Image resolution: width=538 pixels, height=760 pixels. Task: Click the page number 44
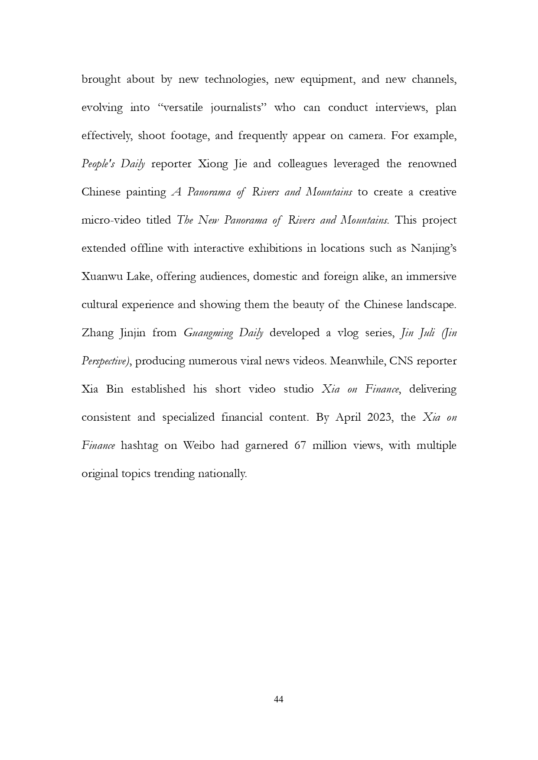279,699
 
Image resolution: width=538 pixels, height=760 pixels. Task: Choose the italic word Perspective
105,361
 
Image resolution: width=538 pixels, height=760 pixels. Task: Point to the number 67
300,445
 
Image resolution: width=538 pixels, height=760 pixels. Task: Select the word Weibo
199,445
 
